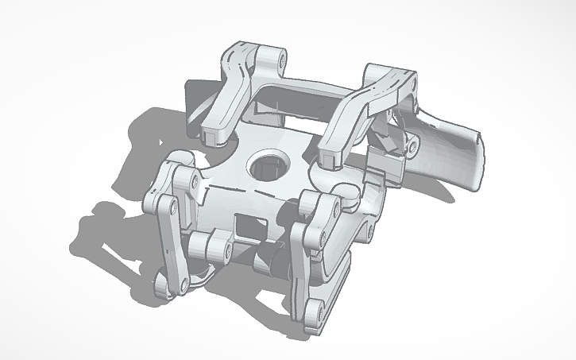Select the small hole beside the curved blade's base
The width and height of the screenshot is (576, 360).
[x=412, y=146]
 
